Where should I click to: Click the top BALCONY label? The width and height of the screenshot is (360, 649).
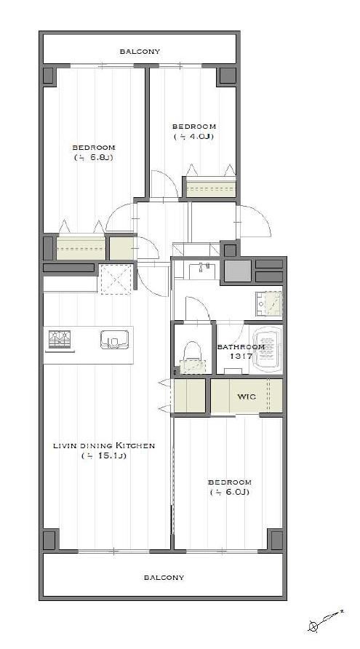tap(140, 52)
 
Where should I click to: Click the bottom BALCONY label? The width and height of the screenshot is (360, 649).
tap(164, 577)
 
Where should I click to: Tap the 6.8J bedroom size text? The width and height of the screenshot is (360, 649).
tap(94, 157)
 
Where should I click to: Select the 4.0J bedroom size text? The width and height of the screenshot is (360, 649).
tap(193, 136)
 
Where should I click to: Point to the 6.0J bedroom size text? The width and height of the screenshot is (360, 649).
tap(229, 492)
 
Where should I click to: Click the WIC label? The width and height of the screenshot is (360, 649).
tap(247, 397)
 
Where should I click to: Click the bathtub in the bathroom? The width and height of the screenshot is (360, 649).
tap(268, 350)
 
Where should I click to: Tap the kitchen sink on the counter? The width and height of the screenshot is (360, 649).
tap(113, 340)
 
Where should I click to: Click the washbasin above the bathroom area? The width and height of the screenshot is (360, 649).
tap(204, 271)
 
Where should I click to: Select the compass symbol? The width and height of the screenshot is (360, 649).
tap(325, 620)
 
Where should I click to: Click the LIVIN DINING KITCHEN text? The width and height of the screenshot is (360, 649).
tap(103, 446)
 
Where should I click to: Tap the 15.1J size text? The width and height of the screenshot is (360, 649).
tap(104, 456)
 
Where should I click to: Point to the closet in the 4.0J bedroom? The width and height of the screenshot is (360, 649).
tap(211, 188)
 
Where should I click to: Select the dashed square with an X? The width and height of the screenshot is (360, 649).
tap(116, 280)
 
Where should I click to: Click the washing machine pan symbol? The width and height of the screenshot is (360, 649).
tap(268, 304)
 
